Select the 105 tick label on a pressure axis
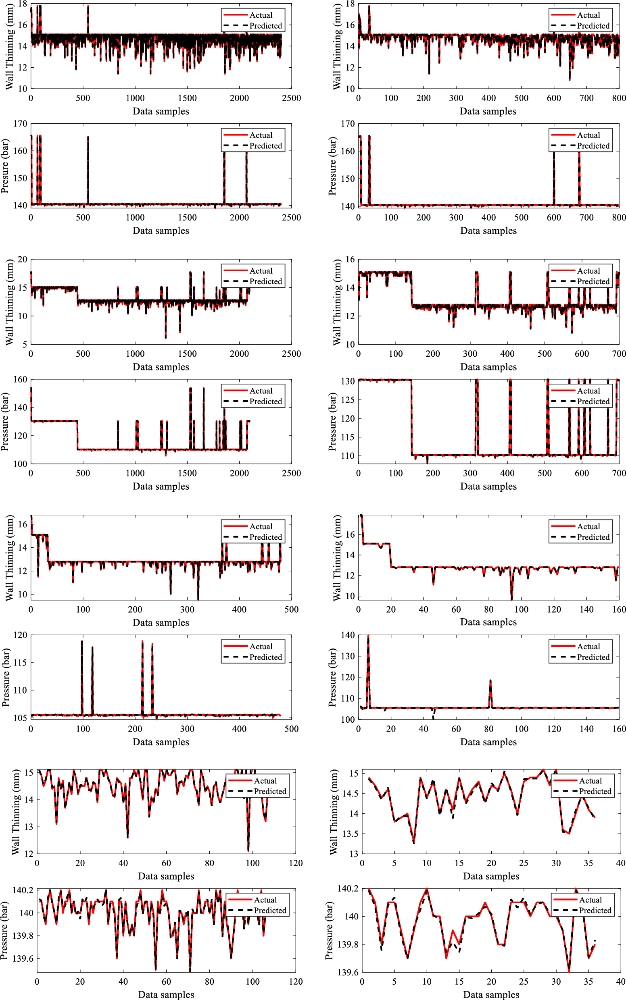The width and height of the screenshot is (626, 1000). click(x=20, y=718)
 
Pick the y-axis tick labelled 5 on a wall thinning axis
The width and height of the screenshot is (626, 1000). click(x=25, y=344)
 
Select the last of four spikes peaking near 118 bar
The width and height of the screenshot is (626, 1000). click(x=152, y=644)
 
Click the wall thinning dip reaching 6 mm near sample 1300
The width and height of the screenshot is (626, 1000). click(x=166, y=338)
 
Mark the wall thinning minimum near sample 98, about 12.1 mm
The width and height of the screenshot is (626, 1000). click(x=248, y=850)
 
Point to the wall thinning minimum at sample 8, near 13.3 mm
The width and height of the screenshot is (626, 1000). click(x=413, y=843)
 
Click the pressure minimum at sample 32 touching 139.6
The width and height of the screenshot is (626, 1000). click(x=569, y=972)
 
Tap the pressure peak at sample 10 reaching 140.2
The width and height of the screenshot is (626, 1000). click(x=427, y=889)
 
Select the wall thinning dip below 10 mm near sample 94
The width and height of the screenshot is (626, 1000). click(x=512, y=599)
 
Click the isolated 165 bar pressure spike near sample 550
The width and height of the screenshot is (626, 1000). click(x=88, y=137)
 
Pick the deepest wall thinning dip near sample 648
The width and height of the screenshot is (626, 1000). click(x=570, y=79)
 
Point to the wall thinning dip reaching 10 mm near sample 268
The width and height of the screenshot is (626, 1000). click(x=171, y=594)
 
